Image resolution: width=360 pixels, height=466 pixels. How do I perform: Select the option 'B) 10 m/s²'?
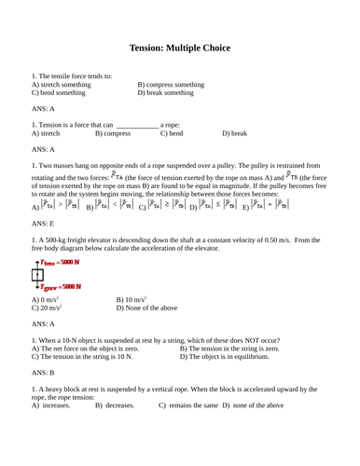(132, 300)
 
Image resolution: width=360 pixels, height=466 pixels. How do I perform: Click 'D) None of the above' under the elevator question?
(150, 308)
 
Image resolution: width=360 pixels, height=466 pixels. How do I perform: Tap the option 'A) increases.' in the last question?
(51, 405)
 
